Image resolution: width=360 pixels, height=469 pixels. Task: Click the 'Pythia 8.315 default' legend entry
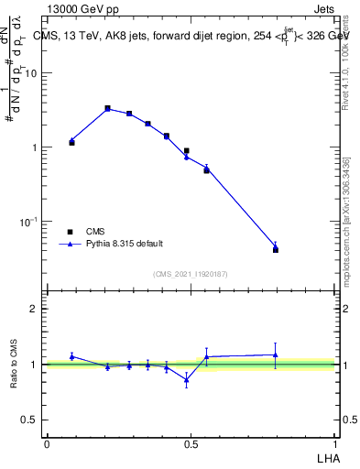125,244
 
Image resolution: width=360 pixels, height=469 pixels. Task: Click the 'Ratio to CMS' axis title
16,364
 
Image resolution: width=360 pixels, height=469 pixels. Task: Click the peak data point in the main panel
107,108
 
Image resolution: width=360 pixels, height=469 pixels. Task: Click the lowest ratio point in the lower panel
187,379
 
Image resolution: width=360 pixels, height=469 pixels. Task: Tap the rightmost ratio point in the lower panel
276,354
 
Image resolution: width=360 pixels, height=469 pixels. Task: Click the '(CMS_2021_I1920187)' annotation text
190,273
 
